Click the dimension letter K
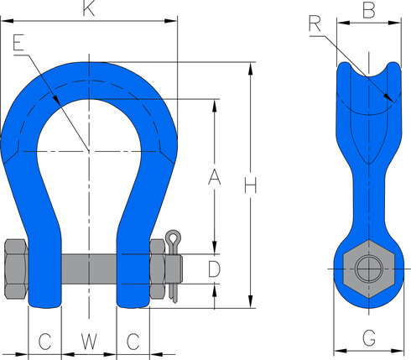click(x=88, y=9)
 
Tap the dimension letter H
click(x=249, y=185)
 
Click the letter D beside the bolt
click(x=214, y=269)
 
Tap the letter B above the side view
click(x=367, y=11)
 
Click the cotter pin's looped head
click(x=174, y=236)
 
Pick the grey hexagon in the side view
click(x=367, y=269)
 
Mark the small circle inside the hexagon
click(x=367, y=269)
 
